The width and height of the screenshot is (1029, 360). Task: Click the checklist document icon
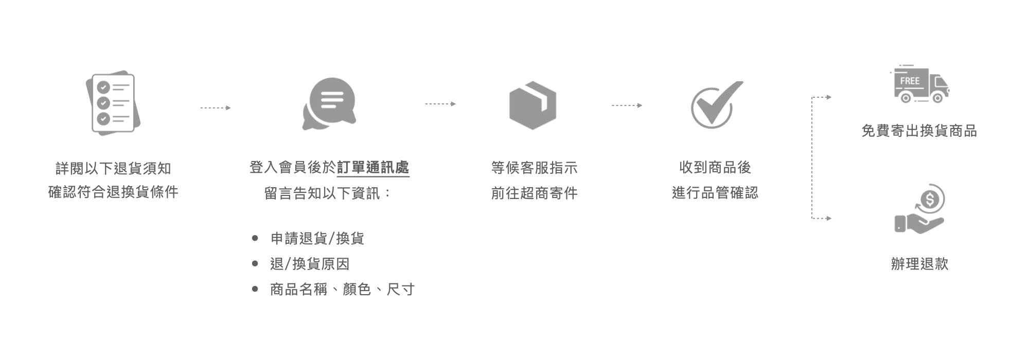tap(113, 103)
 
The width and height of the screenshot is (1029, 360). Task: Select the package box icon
tap(533, 105)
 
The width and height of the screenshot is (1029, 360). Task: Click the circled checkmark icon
tap(715, 105)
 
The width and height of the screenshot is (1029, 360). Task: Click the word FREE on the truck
tap(910, 81)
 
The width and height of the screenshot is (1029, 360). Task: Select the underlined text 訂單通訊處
tap(373, 168)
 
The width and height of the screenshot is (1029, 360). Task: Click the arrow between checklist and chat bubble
tap(215, 108)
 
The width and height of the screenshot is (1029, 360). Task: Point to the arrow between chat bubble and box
tap(440, 104)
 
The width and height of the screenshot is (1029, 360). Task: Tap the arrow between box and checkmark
tap(627, 105)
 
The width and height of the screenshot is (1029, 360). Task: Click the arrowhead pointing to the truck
tap(828, 97)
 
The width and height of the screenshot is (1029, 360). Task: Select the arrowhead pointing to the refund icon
tap(828, 219)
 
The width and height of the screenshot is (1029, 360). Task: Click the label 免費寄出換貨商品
tap(919, 131)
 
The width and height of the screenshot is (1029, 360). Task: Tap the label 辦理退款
tap(919, 264)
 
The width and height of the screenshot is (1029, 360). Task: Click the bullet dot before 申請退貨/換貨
tap(255, 239)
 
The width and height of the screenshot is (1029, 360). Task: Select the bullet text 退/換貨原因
tap(310, 264)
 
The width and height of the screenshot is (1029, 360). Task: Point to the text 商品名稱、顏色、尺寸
tap(342, 290)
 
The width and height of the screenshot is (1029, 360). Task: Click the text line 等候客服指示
tap(534, 168)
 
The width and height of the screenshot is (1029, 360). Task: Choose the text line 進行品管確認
tap(715, 193)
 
